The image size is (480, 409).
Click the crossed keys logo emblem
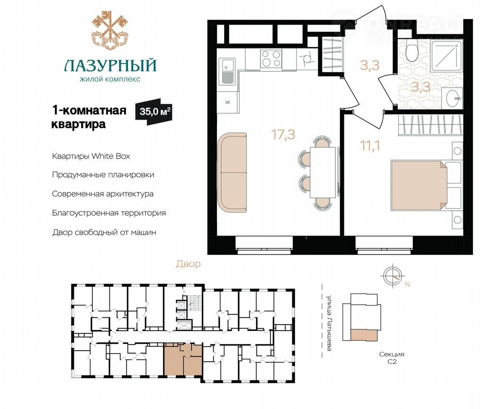click(x=110, y=30)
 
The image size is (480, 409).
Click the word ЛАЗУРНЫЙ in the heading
click(x=110, y=65)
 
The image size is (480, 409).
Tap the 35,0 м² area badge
click(x=154, y=111)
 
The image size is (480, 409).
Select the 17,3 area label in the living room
click(x=283, y=134)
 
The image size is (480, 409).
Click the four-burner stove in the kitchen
click(x=271, y=59)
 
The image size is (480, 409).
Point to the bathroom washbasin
click(x=454, y=98)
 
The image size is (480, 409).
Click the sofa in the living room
click(x=232, y=173)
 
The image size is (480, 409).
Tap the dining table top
click(x=323, y=173)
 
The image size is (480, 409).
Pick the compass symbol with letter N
click(x=394, y=277)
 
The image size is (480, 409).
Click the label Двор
click(x=188, y=264)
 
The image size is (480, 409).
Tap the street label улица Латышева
click(x=329, y=323)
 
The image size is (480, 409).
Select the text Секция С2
click(x=392, y=358)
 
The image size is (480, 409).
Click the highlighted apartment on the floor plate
click(x=183, y=360)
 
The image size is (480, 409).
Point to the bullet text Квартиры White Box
click(x=91, y=156)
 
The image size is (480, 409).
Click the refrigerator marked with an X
click(x=228, y=102)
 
